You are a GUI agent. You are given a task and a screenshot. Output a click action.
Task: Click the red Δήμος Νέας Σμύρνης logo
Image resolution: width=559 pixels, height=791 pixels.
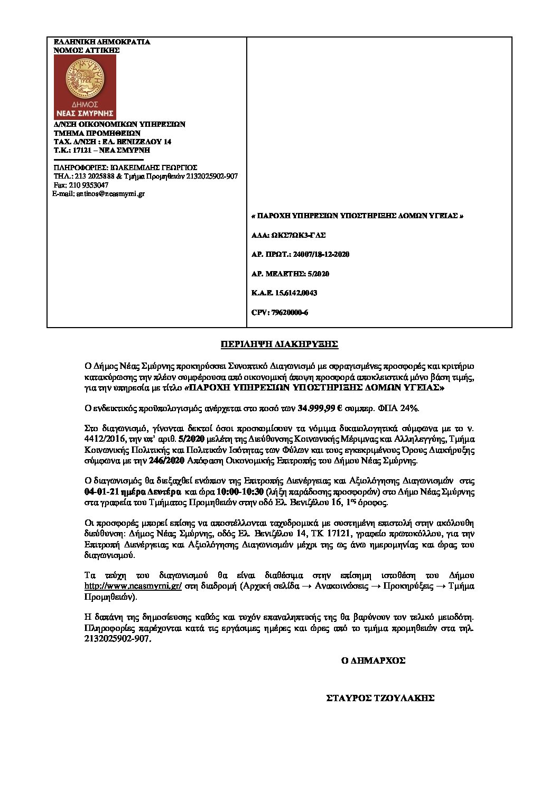tap(85, 87)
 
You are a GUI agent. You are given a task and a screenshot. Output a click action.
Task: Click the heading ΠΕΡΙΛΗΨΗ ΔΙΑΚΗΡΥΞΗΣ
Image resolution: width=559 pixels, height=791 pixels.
tap(279, 345)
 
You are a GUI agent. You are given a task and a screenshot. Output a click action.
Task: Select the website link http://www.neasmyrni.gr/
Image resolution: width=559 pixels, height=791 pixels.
tap(133, 587)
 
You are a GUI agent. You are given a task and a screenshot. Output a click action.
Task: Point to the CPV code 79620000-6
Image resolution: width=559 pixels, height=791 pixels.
tap(280, 312)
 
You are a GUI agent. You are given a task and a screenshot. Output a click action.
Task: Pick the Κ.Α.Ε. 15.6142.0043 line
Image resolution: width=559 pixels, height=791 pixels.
tap(284, 293)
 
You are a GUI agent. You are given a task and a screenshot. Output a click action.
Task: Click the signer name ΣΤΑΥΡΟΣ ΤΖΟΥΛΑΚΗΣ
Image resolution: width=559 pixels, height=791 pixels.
tap(380, 698)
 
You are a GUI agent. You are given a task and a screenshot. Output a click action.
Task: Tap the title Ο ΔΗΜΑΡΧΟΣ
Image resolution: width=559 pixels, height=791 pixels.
tap(373, 660)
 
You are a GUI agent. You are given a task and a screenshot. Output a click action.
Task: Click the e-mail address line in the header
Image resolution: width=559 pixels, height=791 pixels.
tap(99, 194)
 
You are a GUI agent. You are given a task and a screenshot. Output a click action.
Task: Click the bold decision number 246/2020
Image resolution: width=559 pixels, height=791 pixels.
tap(167, 460)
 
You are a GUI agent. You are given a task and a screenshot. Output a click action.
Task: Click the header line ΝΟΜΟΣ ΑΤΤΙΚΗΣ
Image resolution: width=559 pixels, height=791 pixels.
tap(87, 50)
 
